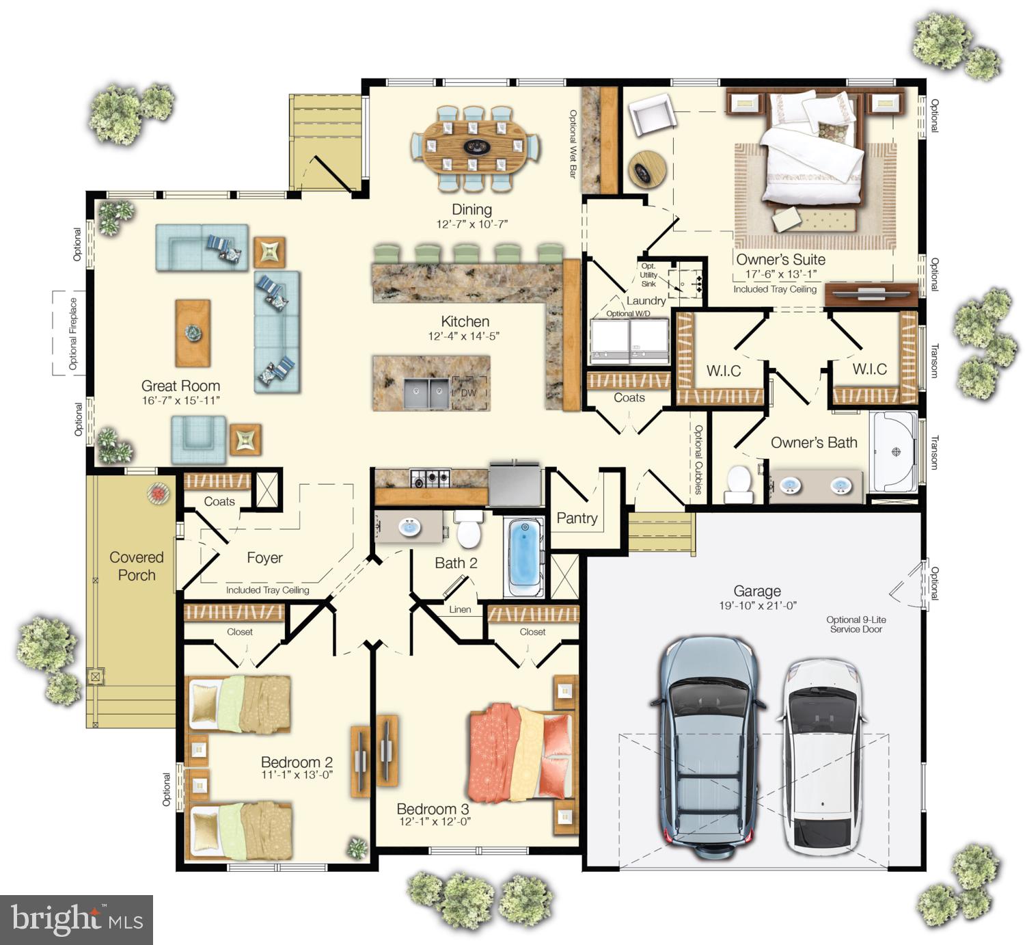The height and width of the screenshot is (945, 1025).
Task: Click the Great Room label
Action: (x=180, y=386)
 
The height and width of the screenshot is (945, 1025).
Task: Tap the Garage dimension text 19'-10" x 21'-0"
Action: (x=757, y=606)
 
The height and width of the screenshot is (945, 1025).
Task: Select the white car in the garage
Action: (x=821, y=756)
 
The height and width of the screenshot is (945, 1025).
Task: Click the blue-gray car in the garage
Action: (x=707, y=745)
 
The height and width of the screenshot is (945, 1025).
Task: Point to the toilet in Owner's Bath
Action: (x=739, y=483)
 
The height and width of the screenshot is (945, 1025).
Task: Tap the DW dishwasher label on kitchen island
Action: (x=468, y=393)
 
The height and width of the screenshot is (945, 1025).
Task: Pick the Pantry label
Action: (x=577, y=518)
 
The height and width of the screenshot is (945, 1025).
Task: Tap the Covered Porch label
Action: (x=137, y=566)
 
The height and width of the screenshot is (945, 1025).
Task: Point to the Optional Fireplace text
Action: (x=73, y=334)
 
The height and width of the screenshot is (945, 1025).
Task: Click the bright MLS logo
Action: (x=76, y=920)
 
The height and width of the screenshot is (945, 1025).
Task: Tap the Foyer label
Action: (x=264, y=558)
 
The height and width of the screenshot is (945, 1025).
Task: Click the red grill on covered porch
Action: (x=159, y=493)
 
